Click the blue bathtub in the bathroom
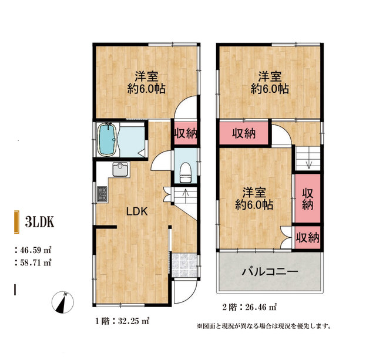[108, 139]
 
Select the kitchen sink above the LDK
[121, 169]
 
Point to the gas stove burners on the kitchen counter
[102, 193]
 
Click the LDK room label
[135, 211]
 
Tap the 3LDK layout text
[41, 223]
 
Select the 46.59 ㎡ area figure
[35, 249]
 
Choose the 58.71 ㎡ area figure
[35, 262]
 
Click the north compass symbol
[62, 302]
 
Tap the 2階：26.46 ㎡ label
[250, 307]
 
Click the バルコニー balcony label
[270, 272]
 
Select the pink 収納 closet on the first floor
[186, 133]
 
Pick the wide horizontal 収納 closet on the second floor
[243, 133]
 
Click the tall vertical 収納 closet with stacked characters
[307, 198]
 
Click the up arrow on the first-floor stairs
[186, 192]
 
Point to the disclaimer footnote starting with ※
[263, 325]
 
